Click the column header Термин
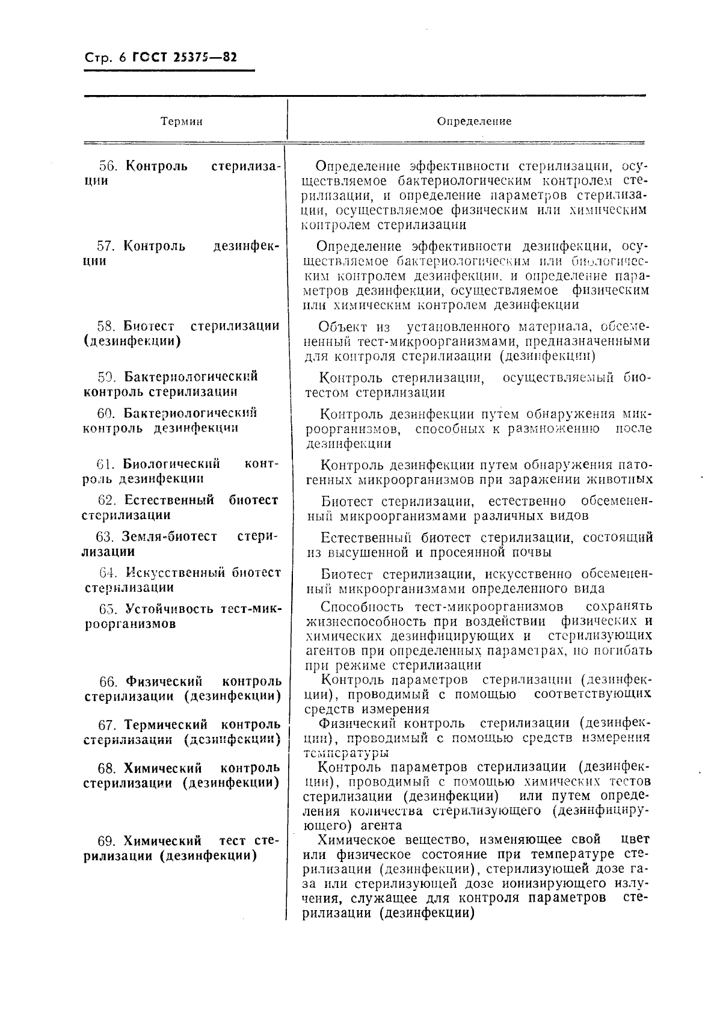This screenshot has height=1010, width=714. click(181, 122)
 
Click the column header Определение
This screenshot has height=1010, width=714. click(474, 122)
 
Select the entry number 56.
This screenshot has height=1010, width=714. click(106, 166)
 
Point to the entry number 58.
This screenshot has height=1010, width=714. click(106, 326)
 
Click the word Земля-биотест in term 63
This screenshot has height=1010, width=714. click(169, 537)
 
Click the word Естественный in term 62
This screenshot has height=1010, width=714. click(169, 500)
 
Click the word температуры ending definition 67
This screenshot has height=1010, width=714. click(346, 752)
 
